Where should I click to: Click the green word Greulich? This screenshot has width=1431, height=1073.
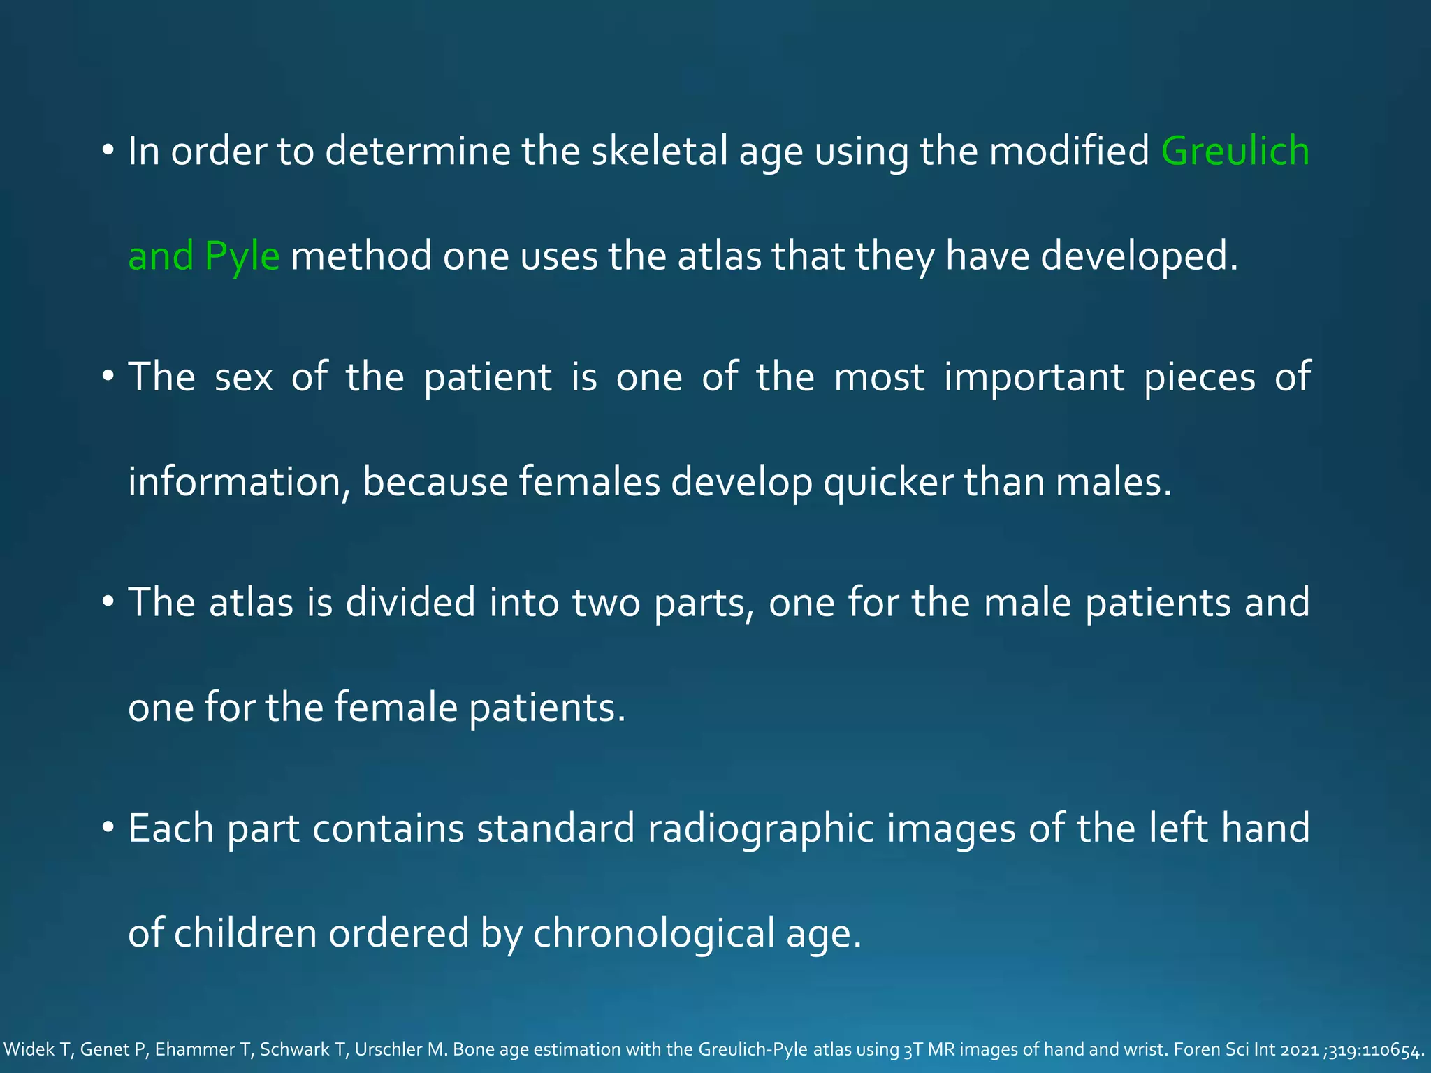click(x=1235, y=151)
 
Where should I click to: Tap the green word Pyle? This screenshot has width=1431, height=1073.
click(x=242, y=256)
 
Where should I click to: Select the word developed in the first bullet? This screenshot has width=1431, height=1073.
click(x=1138, y=256)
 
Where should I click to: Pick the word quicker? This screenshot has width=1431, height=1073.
click(x=887, y=482)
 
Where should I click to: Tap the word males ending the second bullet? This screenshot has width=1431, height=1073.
click(x=1112, y=482)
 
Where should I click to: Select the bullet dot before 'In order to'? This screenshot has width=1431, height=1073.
click(x=107, y=151)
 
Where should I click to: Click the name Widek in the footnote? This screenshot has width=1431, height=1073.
click(x=29, y=1050)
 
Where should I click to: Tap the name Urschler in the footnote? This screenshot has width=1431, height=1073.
click(x=392, y=1050)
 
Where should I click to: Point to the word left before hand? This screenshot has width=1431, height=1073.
click(x=1178, y=829)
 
